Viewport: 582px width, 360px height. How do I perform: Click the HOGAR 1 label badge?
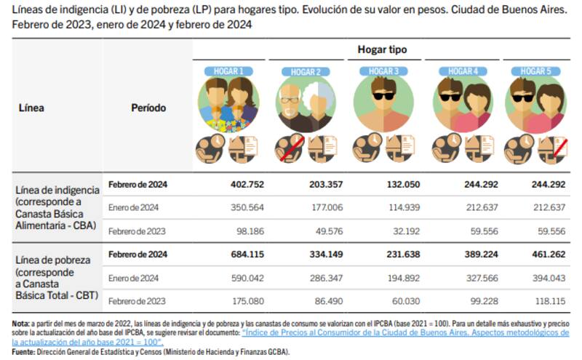(x=228, y=71)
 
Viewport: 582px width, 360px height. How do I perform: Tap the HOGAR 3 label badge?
(x=383, y=71)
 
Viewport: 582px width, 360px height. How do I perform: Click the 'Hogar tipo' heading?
(x=382, y=49)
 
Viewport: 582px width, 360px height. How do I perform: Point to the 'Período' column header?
(x=148, y=108)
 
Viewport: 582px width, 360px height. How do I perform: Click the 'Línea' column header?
(x=31, y=108)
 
